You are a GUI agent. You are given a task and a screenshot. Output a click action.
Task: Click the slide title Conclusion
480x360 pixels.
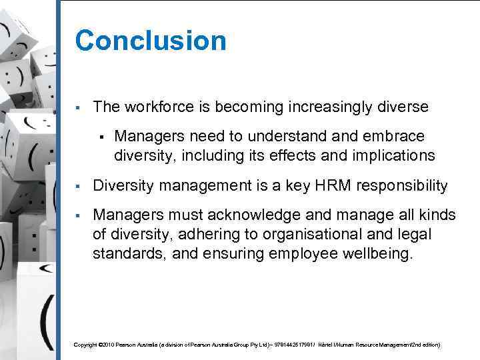(x=151, y=41)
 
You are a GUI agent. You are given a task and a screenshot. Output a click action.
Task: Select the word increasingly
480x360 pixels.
(x=326, y=107)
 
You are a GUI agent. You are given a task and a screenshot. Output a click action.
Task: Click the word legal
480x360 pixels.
(x=412, y=235)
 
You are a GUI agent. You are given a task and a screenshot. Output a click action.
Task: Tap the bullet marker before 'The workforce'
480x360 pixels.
(x=78, y=107)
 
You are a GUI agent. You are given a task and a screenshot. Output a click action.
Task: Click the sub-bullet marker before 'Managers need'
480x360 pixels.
(x=99, y=137)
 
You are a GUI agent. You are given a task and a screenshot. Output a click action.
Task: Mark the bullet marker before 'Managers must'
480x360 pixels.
(x=78, y=216)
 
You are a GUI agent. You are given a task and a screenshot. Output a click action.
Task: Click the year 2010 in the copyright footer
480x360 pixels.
(x=108, y=345)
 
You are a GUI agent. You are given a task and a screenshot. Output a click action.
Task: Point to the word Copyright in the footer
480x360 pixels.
(x=85, y=345)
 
